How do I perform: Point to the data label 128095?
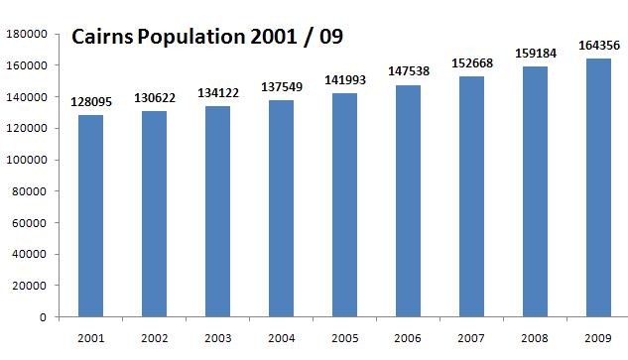tap(90, 102)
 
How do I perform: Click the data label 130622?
tap(154, 98)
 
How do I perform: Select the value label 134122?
tap(217, 93)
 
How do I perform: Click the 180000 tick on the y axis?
tap(28, 34)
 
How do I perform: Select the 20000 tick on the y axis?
tap(31, 286)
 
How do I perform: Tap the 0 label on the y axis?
tap(45, 317)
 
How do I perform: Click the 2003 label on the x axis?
tap(217, 338)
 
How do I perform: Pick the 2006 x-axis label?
tap(408, 338)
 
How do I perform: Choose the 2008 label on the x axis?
tap(535, 338)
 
